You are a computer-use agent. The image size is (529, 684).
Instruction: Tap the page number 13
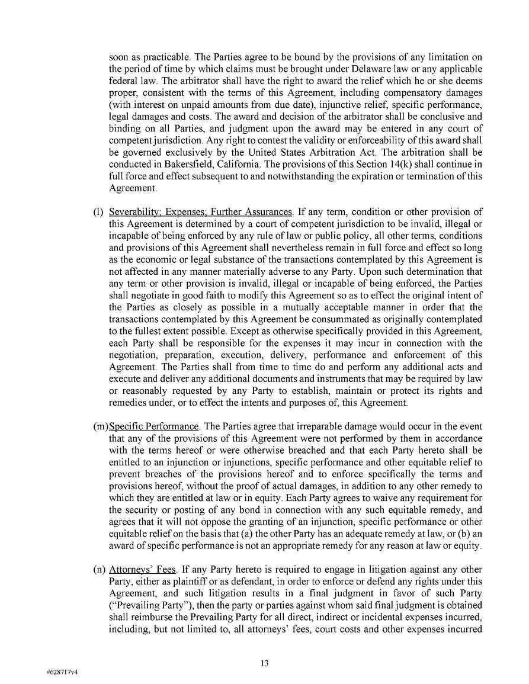[x=264, y=663]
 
